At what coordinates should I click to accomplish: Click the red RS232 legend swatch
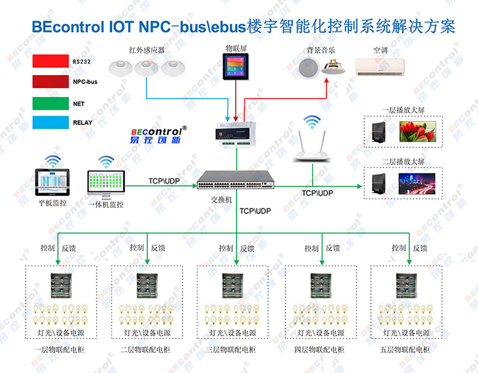[x=52, y=62]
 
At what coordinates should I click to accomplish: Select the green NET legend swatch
[x=52, y=103]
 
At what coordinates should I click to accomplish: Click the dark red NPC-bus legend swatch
[x=52, y=82]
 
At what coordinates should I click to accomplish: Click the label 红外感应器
[x=147, y=49]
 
